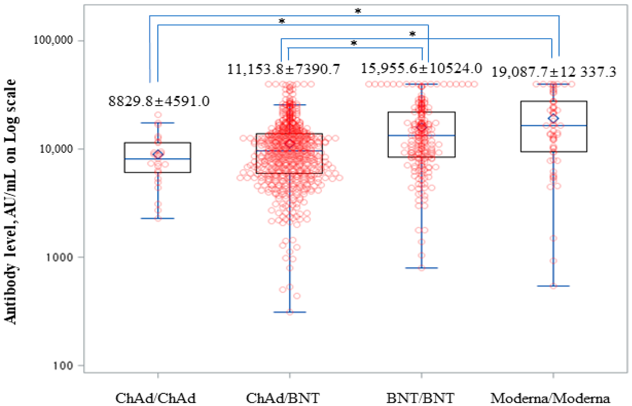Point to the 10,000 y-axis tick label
pos(56,149)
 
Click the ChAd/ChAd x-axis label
pos(156,398)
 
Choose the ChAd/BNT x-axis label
pos(283,398)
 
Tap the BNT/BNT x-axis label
pos(420,398)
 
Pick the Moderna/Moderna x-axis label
pos(550,398)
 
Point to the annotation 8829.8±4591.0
pos(159,101)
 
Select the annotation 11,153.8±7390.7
pos(283,69)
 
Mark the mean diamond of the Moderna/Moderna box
pos(553,118)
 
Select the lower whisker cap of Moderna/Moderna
pos(553,286)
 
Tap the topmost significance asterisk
pos(358,11)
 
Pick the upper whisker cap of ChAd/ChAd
pos(158,123)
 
